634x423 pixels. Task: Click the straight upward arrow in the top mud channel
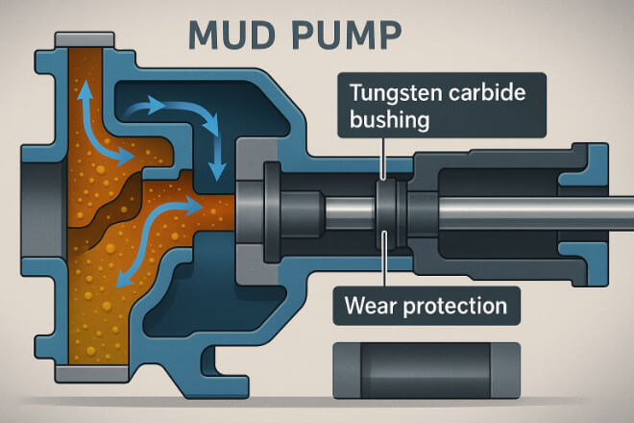point(84,101)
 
